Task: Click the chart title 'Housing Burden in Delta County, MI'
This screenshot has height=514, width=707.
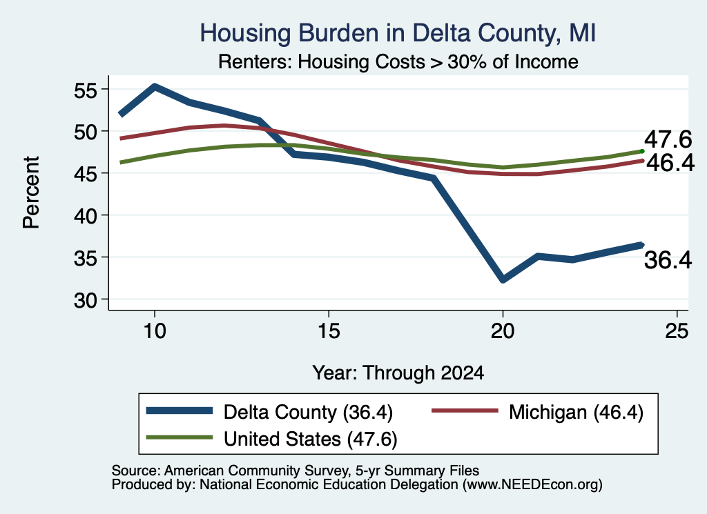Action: point(398,33)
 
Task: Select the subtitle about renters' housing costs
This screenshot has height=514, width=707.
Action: point(398,61)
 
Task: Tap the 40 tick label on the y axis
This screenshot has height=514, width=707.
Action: point(86,217)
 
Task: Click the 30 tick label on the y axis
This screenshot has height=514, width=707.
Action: point(86,301)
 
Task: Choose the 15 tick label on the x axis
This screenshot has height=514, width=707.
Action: point(329,331)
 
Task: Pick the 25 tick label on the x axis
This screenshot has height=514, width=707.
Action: point(677,331)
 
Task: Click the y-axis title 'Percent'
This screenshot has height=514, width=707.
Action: point(31,192)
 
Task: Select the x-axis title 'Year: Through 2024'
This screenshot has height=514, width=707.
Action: point(398,373)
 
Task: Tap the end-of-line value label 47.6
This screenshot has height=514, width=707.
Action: point(668,139)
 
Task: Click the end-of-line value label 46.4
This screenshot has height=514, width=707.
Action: point(670,163)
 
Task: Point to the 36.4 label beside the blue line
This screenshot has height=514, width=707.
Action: point(668,260)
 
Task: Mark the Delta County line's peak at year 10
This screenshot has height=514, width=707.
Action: point(155,86)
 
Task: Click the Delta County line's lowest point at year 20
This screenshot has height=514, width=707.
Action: point(503,279)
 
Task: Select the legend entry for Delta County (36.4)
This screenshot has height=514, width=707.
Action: point(269,412)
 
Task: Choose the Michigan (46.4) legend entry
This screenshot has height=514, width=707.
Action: point(537,412)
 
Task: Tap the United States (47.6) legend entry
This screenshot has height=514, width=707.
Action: point(271,439)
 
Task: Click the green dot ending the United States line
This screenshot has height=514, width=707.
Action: point(642,151)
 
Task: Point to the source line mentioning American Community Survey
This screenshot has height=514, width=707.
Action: point(296,471)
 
